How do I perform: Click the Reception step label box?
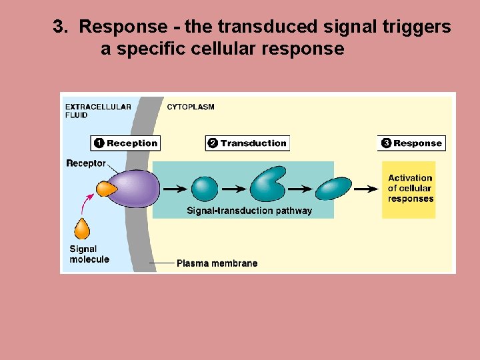pyautogui.click(x=126, y=143)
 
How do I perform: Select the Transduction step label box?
pyautogui.click(x=247, y=143)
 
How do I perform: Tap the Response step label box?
pyautogui.click(x=411, y=143)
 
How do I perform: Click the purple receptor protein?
pyautogui.click(x=133, y=188)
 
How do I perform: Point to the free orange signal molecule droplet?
pyautogui.click(x=82, y=229)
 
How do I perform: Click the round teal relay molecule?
pyautogui.click(x=205, y=189)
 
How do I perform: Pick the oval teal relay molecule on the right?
pyautogui.click(x=333, y=189)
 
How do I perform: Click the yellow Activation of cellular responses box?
pyautogui.click(x=409, y=189)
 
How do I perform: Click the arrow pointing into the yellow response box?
pyautogui.click(x=365, y=189)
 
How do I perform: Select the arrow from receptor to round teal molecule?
pyautogui.click(x=175, y=189)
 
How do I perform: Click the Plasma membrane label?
pyautogui.click(x=217, y=263)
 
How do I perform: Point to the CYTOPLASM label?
pyautogui.click(x=191, y=107)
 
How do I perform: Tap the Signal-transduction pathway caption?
pyautogui.click(x=249, y=211)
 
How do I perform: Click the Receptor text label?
pyautogui.click(x=86, y=163)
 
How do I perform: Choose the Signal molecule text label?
pyautogui.click(x=89, y=254)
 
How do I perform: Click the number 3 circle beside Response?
pyautogui.click(x=386, y=143)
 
